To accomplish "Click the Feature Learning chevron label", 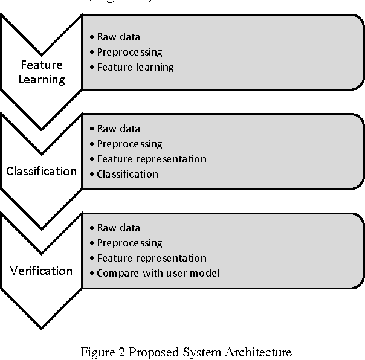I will tap(42, 72).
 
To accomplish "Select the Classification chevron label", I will tap(42, 171).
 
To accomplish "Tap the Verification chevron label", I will tap(42, 270).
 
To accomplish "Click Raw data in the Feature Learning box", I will tap(118, 36).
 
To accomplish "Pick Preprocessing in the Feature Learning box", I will tap(129, 52).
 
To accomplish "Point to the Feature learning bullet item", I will tap(135, 67).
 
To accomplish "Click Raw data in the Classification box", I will tap(118, 129).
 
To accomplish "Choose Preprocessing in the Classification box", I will tap(129, 144).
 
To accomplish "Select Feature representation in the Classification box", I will tap(152, 159).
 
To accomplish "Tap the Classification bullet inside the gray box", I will tap(128, 174).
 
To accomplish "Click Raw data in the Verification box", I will tap(118, 228).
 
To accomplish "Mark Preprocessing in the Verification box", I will tap(129, 243).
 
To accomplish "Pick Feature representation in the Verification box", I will tap(152, 258).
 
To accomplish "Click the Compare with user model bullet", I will tap(158, 273).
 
